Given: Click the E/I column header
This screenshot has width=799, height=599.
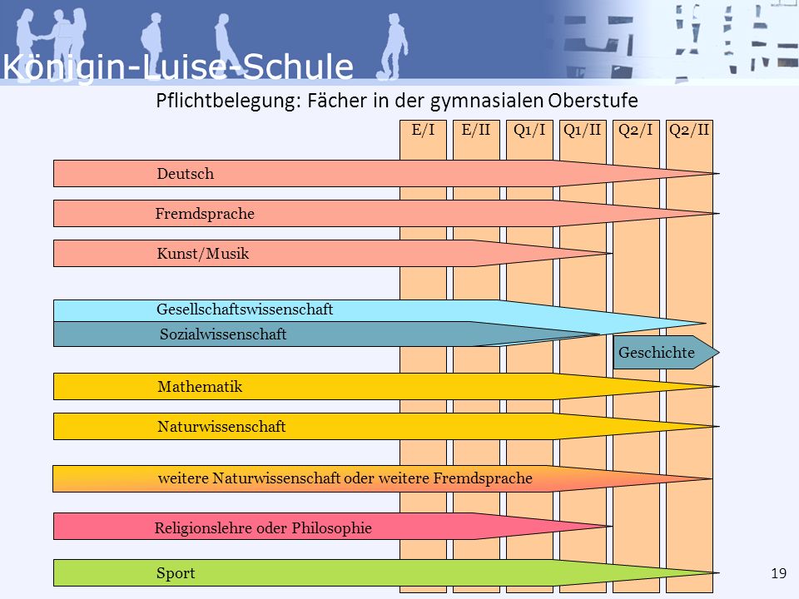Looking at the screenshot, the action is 423,131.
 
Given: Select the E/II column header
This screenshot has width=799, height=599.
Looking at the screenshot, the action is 476,131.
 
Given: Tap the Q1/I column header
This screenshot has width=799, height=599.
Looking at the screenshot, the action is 529,131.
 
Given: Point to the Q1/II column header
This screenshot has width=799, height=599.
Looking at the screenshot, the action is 583,131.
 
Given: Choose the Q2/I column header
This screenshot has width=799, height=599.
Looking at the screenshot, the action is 636,131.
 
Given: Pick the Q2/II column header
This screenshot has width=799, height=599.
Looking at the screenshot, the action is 689,131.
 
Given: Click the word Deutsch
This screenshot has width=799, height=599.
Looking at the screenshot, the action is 186,174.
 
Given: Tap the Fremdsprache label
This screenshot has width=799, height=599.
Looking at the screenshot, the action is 205,214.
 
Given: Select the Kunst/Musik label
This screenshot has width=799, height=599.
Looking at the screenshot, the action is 203,253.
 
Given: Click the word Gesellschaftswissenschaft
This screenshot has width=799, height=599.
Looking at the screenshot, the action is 245,309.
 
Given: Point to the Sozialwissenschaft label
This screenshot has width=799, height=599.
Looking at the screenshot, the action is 223,334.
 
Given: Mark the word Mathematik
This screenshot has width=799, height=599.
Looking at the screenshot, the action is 200,387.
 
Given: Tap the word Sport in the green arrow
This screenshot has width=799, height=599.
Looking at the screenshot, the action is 176,573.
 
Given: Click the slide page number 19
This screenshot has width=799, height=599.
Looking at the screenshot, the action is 779,573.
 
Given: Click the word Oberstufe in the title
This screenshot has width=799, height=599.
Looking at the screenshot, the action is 593,101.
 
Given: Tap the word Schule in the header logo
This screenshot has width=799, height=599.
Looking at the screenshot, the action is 298,67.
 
